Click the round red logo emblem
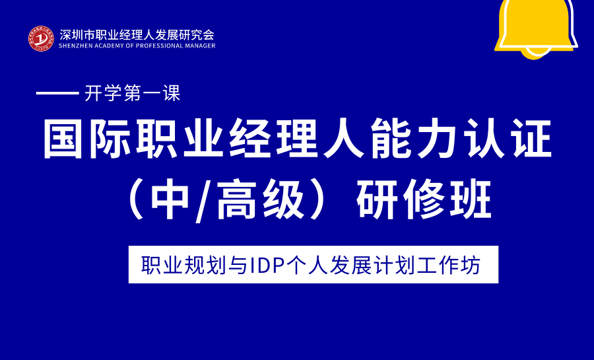click(x=41, y=39)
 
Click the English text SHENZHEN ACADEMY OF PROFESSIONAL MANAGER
click(x=137, y=46)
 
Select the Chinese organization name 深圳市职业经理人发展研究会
click(x=137, y=34)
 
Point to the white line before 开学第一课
click(x=57, y=94)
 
